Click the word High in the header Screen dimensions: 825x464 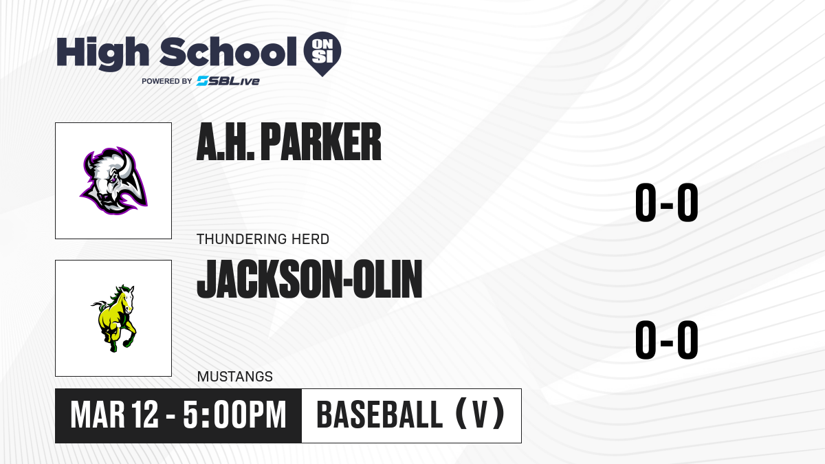point(102,53)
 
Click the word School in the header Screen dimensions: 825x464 point(228,52)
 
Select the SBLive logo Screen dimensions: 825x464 point(228,81)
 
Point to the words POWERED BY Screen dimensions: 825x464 point(167,81)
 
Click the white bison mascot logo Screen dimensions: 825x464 point(114,180)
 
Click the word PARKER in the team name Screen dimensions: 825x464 point(321,142)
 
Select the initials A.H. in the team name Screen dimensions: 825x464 point(225,142)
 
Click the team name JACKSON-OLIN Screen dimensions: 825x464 point(309,279)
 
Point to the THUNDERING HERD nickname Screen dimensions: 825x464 point(263,239)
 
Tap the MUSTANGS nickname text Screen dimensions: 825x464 point(235,377)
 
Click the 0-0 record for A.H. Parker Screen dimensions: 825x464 point(667,203)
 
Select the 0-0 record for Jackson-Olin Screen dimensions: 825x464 point(667,340)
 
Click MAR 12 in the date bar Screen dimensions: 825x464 point(115,415)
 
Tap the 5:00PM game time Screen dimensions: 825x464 point(234,415)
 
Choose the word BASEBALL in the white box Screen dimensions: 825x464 point(379,415)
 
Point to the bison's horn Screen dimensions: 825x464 point(126,164)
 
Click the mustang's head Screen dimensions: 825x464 point(126,298)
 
